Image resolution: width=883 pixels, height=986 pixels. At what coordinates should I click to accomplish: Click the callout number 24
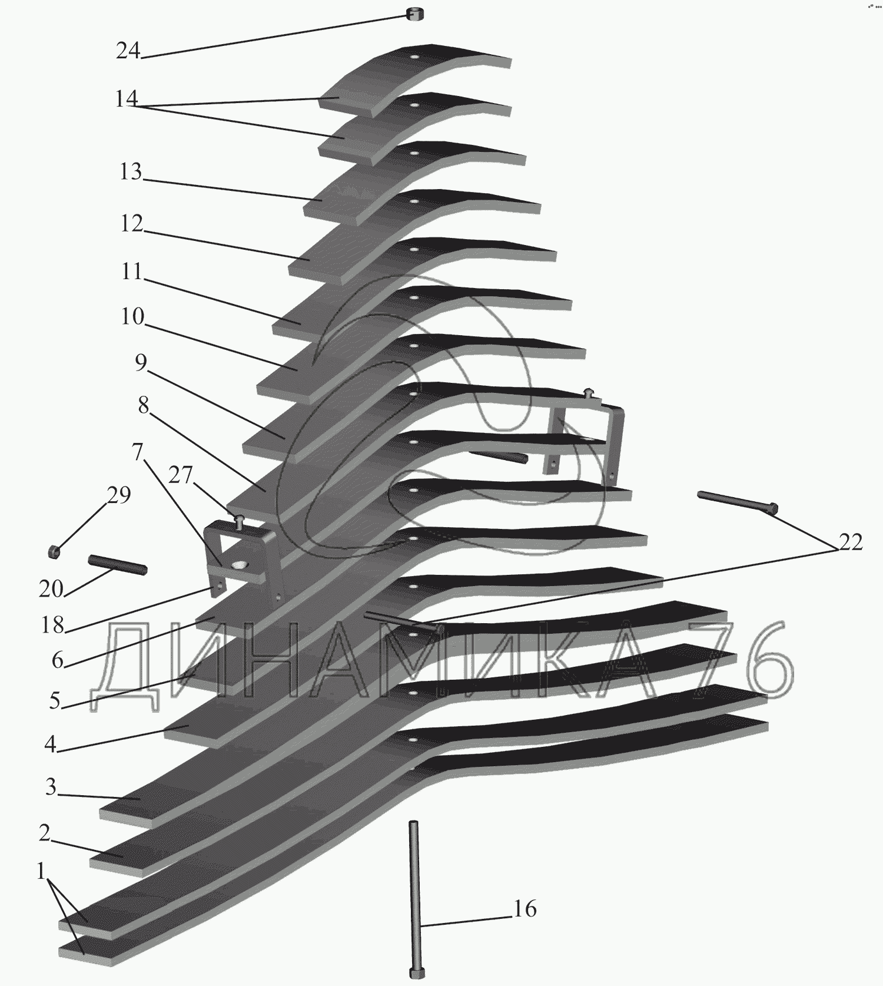(x=128, y=51)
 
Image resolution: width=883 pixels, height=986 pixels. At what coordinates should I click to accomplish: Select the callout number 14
(x=126, y=98)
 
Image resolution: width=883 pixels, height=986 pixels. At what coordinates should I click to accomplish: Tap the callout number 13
(x=131, y=171)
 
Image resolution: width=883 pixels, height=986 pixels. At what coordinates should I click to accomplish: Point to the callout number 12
(x=132, y=223)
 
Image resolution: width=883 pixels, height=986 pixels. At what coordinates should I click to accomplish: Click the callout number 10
(x=132, y=316)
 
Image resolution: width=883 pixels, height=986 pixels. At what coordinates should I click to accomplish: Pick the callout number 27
(x=181, y=474)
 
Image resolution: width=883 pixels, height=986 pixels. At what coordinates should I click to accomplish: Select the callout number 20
(x=51, y=588)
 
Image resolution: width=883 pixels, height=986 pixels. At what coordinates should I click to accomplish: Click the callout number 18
(x=52, y=625)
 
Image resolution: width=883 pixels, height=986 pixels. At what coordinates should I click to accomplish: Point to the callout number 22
(x=850, y=541)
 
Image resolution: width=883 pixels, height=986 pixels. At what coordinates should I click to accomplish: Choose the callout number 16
(x=525, y=909)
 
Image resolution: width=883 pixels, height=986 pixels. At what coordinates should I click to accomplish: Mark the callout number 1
(x=41, y=871)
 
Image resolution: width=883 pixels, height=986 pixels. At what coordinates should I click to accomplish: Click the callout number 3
(x=51, y=787)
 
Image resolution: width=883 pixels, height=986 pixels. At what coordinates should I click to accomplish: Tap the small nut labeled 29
(x=54, y=552)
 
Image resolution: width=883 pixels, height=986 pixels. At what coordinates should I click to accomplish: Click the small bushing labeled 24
(x=414, y=14)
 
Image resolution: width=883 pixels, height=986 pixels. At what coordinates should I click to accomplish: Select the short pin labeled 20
(x=118, y=564)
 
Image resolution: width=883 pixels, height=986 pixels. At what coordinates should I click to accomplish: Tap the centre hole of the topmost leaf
(x=416, y=57)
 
